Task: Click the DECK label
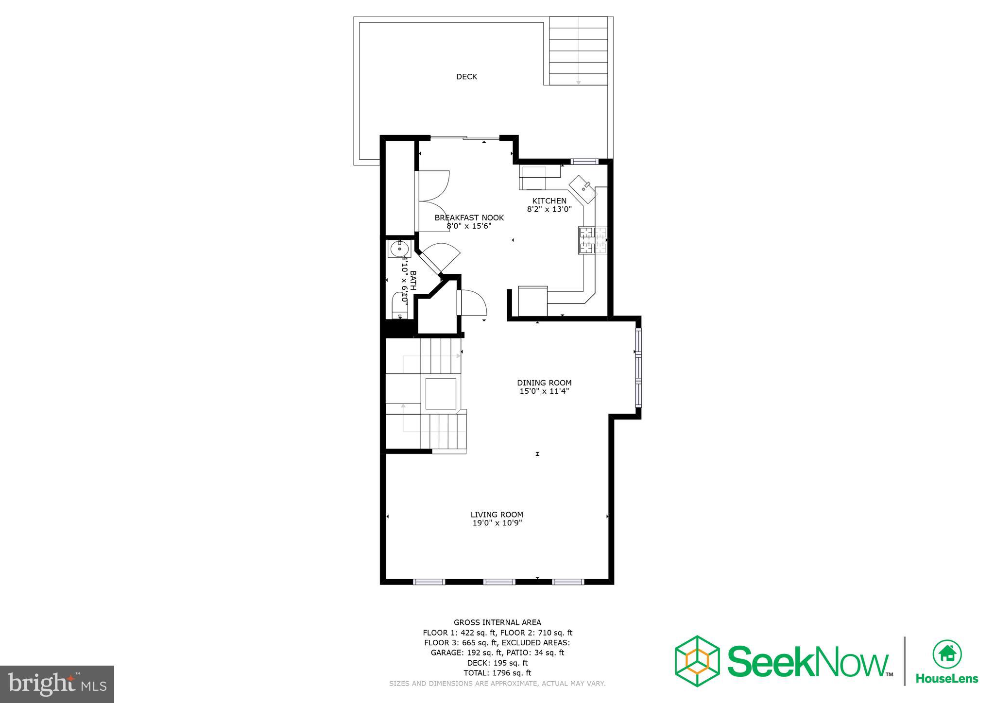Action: point(466,77)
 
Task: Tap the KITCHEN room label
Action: point(549,201)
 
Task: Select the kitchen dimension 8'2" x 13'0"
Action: point(549,210)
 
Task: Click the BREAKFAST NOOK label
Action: point(469,218)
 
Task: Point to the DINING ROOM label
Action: point(544,383)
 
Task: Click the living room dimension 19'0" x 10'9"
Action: point(497,523)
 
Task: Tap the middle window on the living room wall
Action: point(499,581)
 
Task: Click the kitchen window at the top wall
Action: point(583,161)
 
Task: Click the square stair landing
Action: point(441,393)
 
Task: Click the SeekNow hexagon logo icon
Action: point(697,661)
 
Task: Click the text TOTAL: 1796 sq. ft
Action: point(497,673)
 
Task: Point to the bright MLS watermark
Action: point(57,684)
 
